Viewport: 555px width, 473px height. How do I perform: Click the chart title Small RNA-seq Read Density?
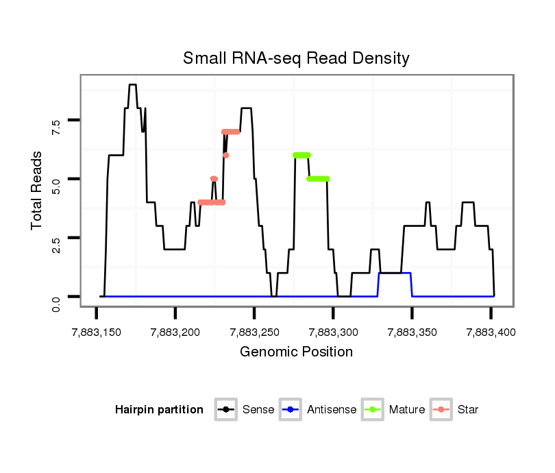tap(296, 58)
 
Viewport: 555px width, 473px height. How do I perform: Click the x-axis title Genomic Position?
tap(296, 352)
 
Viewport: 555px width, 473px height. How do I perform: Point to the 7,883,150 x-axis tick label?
tap(96, 332)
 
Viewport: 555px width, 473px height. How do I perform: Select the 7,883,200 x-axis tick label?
tap(175, 332)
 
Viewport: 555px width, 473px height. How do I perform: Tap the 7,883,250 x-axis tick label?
tap(254, 332)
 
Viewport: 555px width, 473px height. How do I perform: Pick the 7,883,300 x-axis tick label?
tap(333, 332)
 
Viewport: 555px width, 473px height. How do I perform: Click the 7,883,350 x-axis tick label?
tap(412, 332)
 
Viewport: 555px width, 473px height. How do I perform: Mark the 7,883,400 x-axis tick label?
tap(491, 332)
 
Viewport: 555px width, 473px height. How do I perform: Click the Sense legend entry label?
tap(258, 410)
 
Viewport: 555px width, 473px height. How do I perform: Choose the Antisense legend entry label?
tap(332, 410)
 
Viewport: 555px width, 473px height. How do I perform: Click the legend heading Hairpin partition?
tap(159, 410)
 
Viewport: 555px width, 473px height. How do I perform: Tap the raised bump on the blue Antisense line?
tap(395, 273)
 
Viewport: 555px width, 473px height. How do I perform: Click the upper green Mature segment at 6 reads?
tap(301, 155)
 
